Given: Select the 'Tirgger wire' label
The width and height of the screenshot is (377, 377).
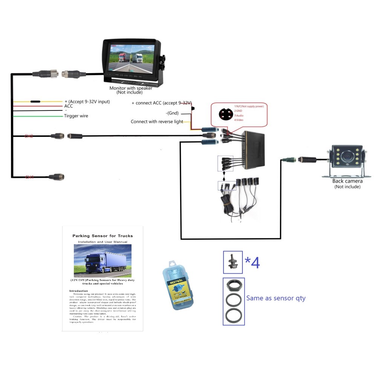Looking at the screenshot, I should [x=76, y=116].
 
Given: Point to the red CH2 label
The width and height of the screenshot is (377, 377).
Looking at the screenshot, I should [x=29, y=136].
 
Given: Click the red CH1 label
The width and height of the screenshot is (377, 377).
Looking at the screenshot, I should [x=29, y=176].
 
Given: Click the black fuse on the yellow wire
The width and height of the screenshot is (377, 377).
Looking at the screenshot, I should [x=36, y=102].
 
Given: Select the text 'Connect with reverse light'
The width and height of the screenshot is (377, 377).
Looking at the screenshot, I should [x=157, y=122].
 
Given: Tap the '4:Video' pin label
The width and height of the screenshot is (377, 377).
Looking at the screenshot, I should [x=240, y=120].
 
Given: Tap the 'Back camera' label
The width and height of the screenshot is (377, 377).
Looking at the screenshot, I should [x=347, y=181].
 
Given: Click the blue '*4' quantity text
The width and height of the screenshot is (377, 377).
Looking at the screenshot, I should [x=252, y=263].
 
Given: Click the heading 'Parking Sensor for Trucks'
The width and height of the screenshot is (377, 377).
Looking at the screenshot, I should [x=103, y=236].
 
